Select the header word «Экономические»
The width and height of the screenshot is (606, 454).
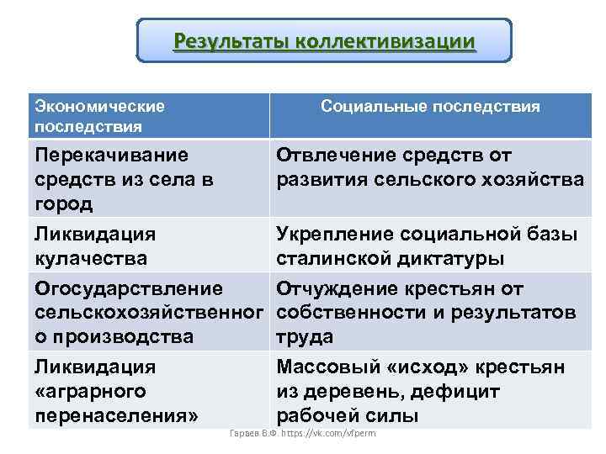(98, 107)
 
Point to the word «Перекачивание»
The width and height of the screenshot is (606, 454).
(111, 156)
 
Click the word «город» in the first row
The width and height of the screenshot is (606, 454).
(63, 203)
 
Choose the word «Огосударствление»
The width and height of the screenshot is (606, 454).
(129, 289)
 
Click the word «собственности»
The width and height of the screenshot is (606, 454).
(353, 313)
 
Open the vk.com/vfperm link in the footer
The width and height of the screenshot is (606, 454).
(332, 433)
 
